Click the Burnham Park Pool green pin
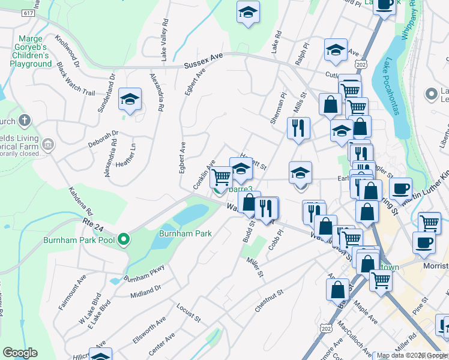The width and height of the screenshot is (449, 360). (x=124, y=240)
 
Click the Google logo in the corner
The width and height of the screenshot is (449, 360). (x=20, y=353)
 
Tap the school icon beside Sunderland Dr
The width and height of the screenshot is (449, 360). (x=129, y=101)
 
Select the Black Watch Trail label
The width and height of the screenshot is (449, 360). (x=76, y=83)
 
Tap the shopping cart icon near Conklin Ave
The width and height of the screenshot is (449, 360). (x=222, y=176)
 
